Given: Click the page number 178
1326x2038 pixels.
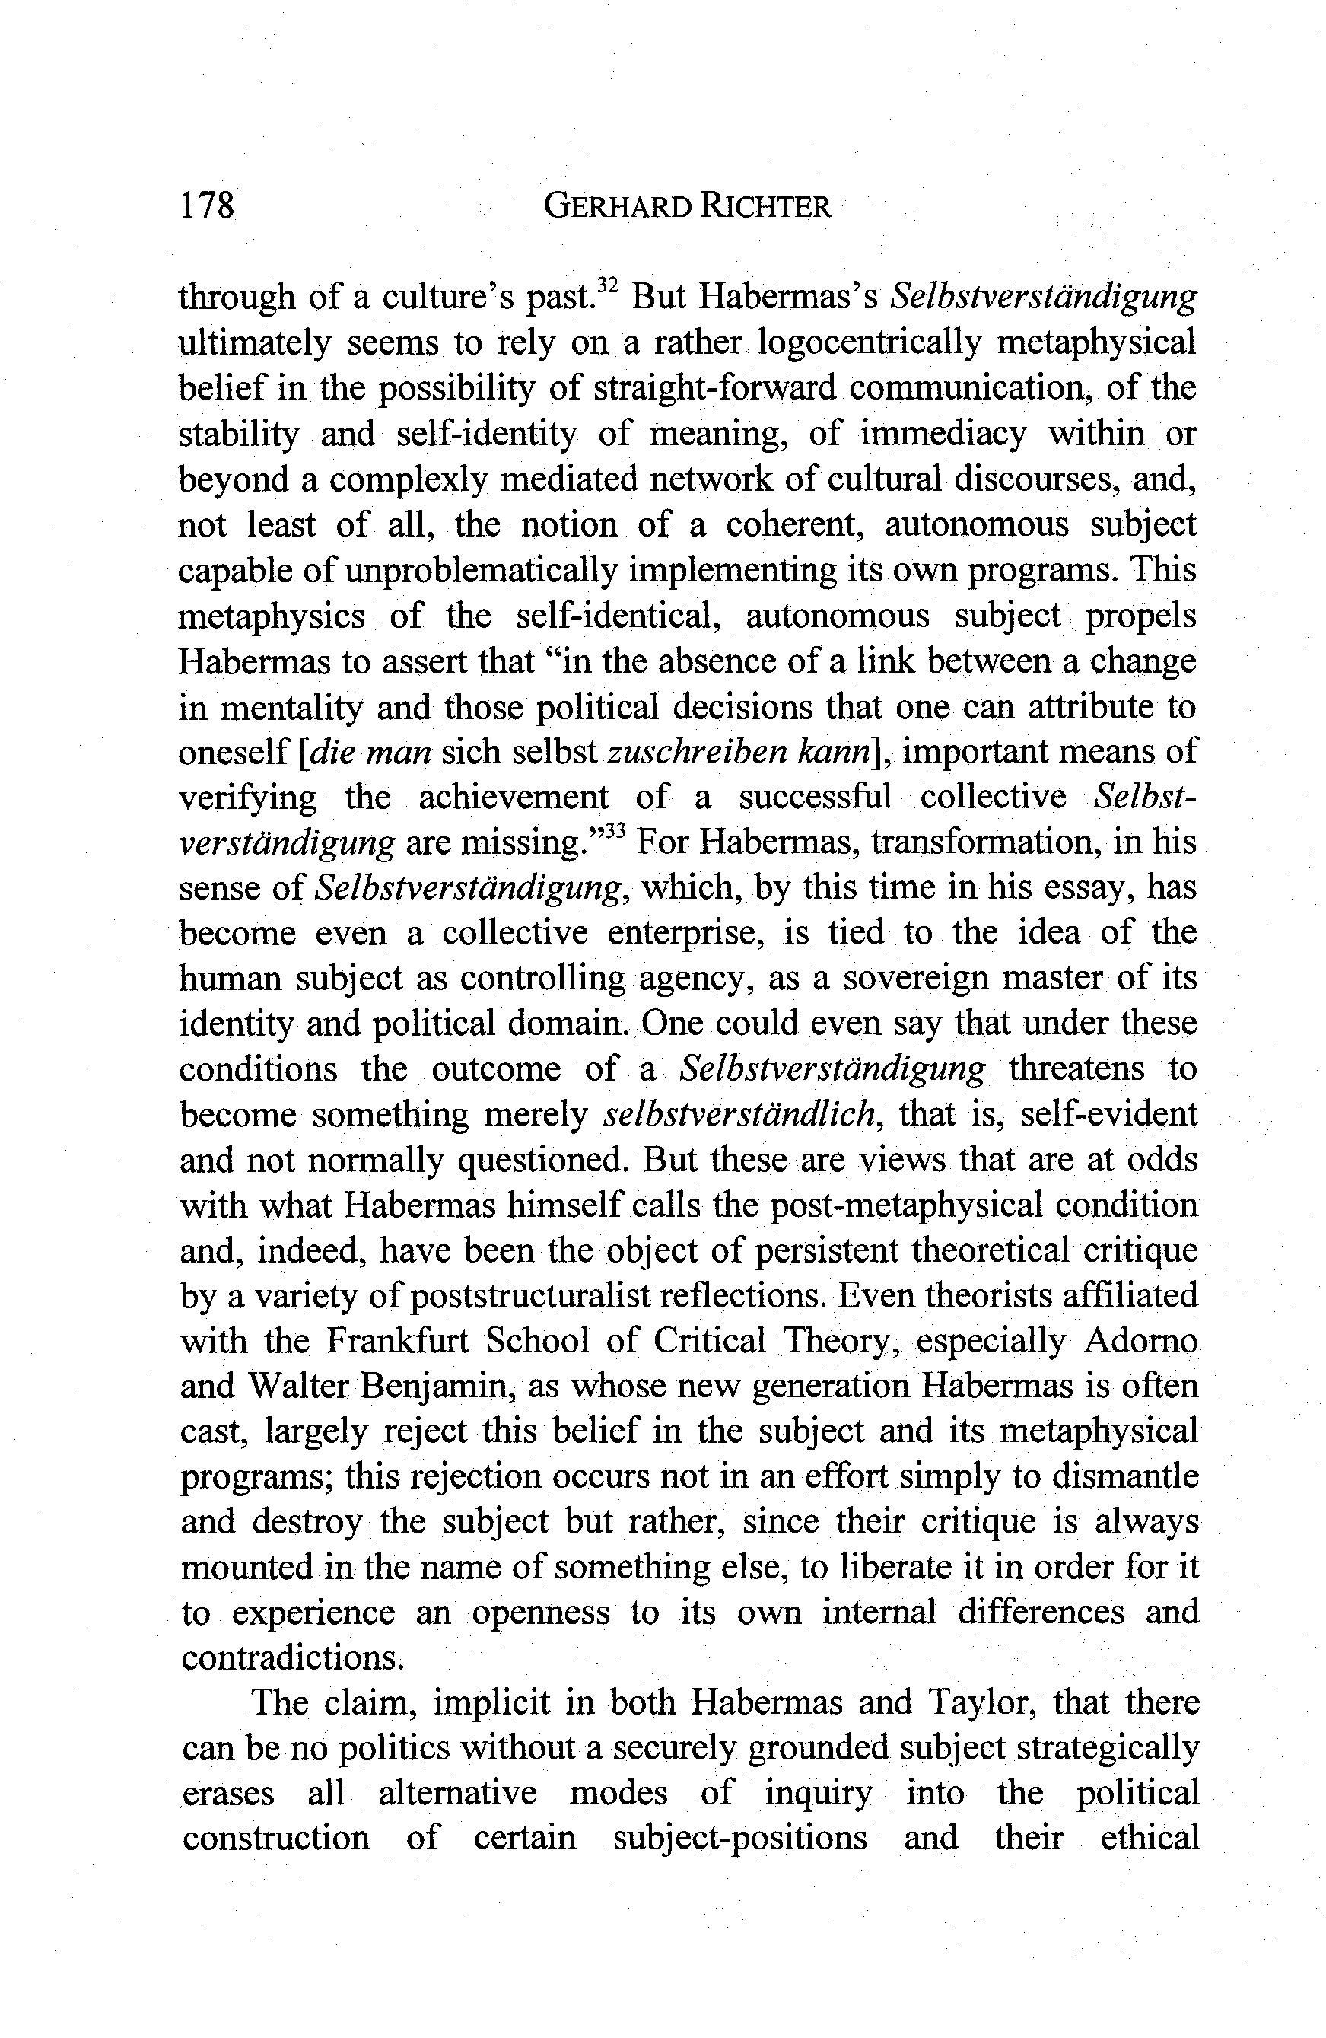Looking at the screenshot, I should tap(206, 206).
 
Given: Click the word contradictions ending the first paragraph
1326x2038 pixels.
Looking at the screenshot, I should tap(291, 1659).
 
